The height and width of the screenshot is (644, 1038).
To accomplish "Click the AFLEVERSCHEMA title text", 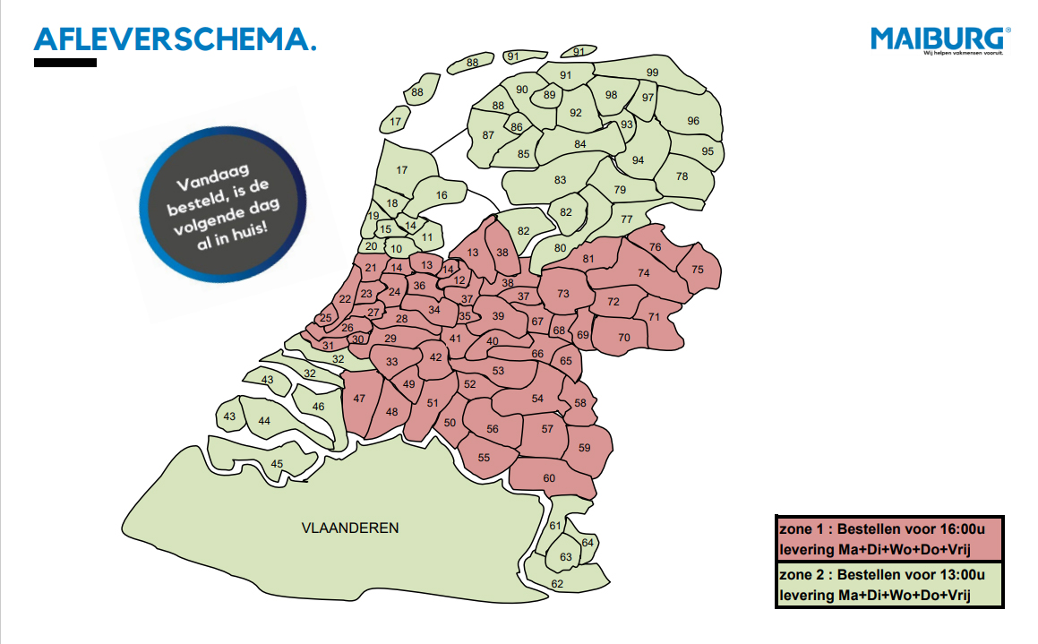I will pos(176,39).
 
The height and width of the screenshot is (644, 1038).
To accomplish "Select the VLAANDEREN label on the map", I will pos(350,528).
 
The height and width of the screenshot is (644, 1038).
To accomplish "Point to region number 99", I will pos(653,73).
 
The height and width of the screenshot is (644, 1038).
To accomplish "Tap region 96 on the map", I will pos(693,121).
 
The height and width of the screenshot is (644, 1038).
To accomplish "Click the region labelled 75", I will pos(698,270).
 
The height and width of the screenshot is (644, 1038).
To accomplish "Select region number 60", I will pos(549,478).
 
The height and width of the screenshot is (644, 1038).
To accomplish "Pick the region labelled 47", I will pos(360,399).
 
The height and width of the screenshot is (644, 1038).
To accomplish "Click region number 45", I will pos(277,463).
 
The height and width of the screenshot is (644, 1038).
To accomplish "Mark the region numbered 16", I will pos(441,195).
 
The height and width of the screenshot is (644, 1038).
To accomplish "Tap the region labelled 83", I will pos(561,180).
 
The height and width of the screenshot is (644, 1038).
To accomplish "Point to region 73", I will pos(563,294).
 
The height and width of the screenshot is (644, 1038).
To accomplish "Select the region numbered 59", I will pos(585,447).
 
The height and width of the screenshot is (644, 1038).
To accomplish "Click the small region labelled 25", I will pos(326,317).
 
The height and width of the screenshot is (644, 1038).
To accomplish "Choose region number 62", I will pos(557,584).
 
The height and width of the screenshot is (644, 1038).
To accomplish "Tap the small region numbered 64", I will pos(588,543).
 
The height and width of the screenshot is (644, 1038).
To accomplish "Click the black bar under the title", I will pos(65,63).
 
